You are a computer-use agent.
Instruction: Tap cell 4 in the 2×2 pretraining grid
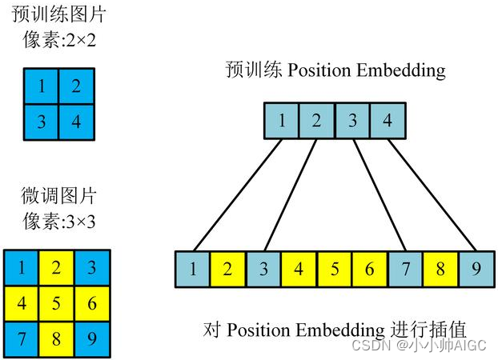(76, 121)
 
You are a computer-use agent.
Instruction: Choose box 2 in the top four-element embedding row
(316, 122)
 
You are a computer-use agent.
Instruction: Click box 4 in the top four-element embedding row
(388, 122)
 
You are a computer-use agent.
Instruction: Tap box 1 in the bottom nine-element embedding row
(193, 270)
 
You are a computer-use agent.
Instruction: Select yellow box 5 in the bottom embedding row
(335, 270)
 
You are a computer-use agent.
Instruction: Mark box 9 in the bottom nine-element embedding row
(476, 270)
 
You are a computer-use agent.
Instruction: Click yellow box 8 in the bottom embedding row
(440, 270)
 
